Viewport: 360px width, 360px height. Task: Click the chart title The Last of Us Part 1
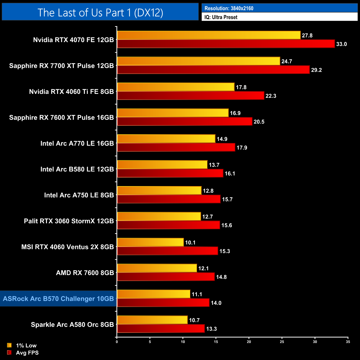click(x=100, y=12)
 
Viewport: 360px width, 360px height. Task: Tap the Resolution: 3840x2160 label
click(x=229, y=8)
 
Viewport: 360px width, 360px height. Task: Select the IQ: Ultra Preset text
click(x=221, y=17)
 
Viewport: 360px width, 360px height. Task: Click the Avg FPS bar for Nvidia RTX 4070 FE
click(x=226, y=44)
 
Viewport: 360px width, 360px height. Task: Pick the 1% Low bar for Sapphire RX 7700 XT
click(x=198, y=61)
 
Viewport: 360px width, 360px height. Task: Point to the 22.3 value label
click(x=271, y=96)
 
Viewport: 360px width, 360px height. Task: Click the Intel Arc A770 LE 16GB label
click(x=77, y=143)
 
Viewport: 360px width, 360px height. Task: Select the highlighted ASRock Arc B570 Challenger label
click(x=58, y=299)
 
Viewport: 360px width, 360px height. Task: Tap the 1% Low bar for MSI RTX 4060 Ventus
click(x=150, y=242)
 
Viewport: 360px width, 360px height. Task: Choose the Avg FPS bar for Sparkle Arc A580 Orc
click(x=161, y=329)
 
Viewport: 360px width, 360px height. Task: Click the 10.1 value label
click(x=190, y=243)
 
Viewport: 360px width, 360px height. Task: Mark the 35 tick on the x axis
click(x=348, y=342)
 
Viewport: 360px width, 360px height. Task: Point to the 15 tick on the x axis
click(x=216, y=342)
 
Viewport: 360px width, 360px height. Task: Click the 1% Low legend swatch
click(x=9, y=345)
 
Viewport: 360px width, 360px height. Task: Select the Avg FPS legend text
click(x=27, y=353)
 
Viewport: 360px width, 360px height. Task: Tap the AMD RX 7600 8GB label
click(x=85, y=273)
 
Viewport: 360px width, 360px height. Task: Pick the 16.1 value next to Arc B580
click(x=230, y=174)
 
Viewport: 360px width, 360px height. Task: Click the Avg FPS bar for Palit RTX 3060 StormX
click(x=168, y=225)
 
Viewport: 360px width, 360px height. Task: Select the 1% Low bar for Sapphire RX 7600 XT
click(x=173, y=113)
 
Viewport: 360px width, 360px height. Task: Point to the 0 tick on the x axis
click(x=117, y=342)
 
